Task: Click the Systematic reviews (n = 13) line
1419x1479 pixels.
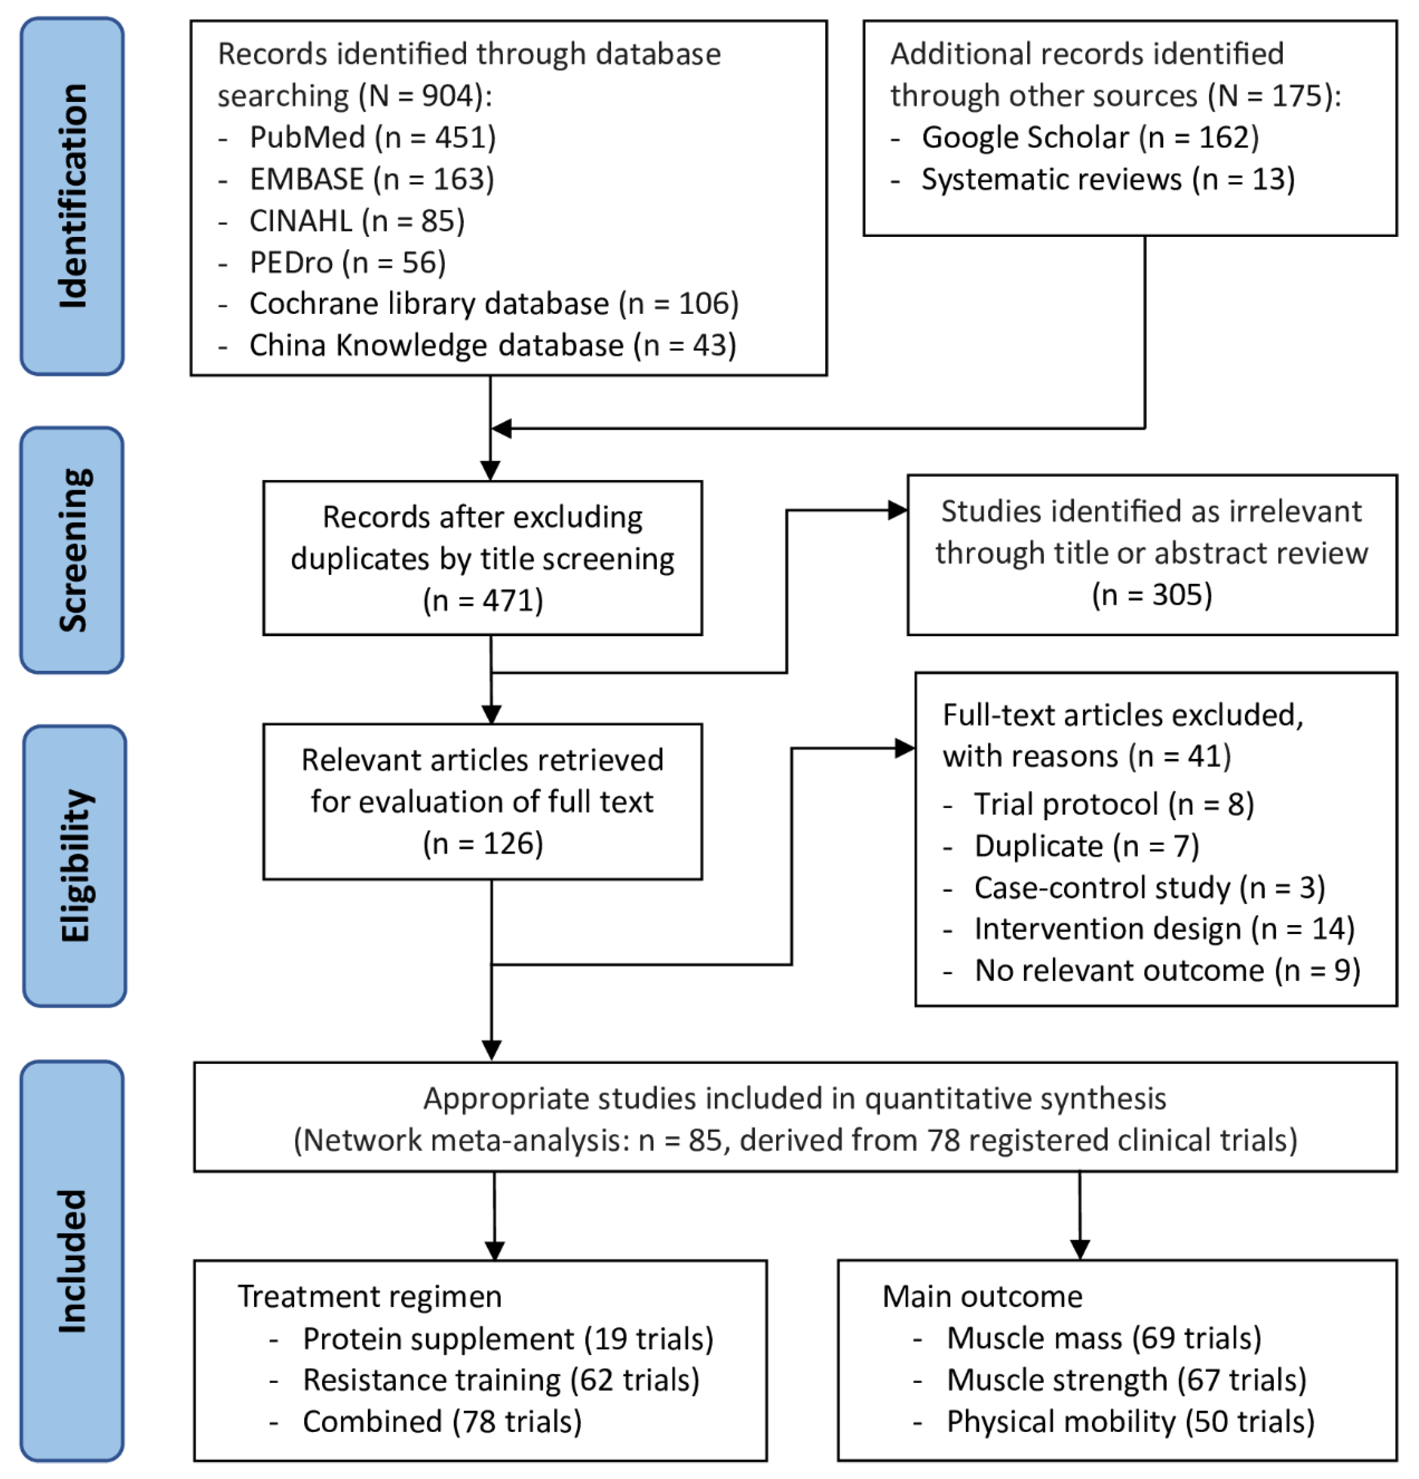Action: point(1107,180)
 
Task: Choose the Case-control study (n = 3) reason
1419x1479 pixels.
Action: point(1148,887)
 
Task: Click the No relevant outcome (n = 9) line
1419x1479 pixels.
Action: point(1166,970)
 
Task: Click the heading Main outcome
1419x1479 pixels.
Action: point(982,1297)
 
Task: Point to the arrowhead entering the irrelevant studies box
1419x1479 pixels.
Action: point(898,511)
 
